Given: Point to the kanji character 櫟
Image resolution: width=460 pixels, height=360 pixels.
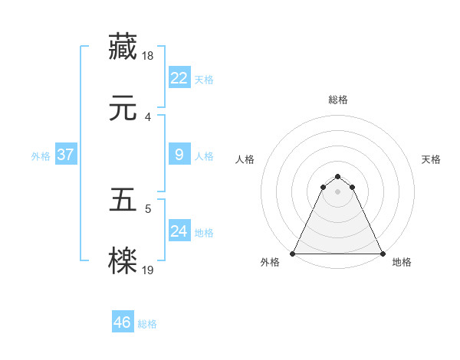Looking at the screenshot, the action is [x=123, y=260].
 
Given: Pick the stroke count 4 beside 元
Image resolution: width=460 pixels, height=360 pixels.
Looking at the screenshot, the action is [x=147, y=117].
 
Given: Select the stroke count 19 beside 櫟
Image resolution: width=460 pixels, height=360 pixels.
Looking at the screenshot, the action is [x=149, y=270].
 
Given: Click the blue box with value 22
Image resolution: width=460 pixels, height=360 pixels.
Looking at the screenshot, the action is [x=179, y=78].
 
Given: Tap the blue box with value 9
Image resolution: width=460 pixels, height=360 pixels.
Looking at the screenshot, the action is [x=179, y=155].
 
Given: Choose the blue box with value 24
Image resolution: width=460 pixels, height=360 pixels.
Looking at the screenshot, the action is [x=179, y=231].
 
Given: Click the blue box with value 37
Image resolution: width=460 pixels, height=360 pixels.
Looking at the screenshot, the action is [x=65, y=155].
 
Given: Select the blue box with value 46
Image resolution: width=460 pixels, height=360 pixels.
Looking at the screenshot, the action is [x=122, y=322].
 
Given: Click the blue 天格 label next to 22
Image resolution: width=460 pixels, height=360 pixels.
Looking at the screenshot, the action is [x=204, y=80].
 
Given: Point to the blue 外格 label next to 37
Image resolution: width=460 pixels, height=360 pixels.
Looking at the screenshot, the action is [x=41, y=156].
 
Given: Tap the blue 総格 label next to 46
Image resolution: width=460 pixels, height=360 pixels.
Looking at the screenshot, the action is [x=147, y=324].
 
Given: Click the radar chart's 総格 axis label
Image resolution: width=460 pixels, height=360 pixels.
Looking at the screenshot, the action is [x=338, y=100].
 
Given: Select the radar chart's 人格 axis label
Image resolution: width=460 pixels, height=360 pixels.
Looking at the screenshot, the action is [x=245, y=159].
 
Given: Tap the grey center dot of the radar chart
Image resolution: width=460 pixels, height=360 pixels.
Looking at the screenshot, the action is [x=338, y=191].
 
